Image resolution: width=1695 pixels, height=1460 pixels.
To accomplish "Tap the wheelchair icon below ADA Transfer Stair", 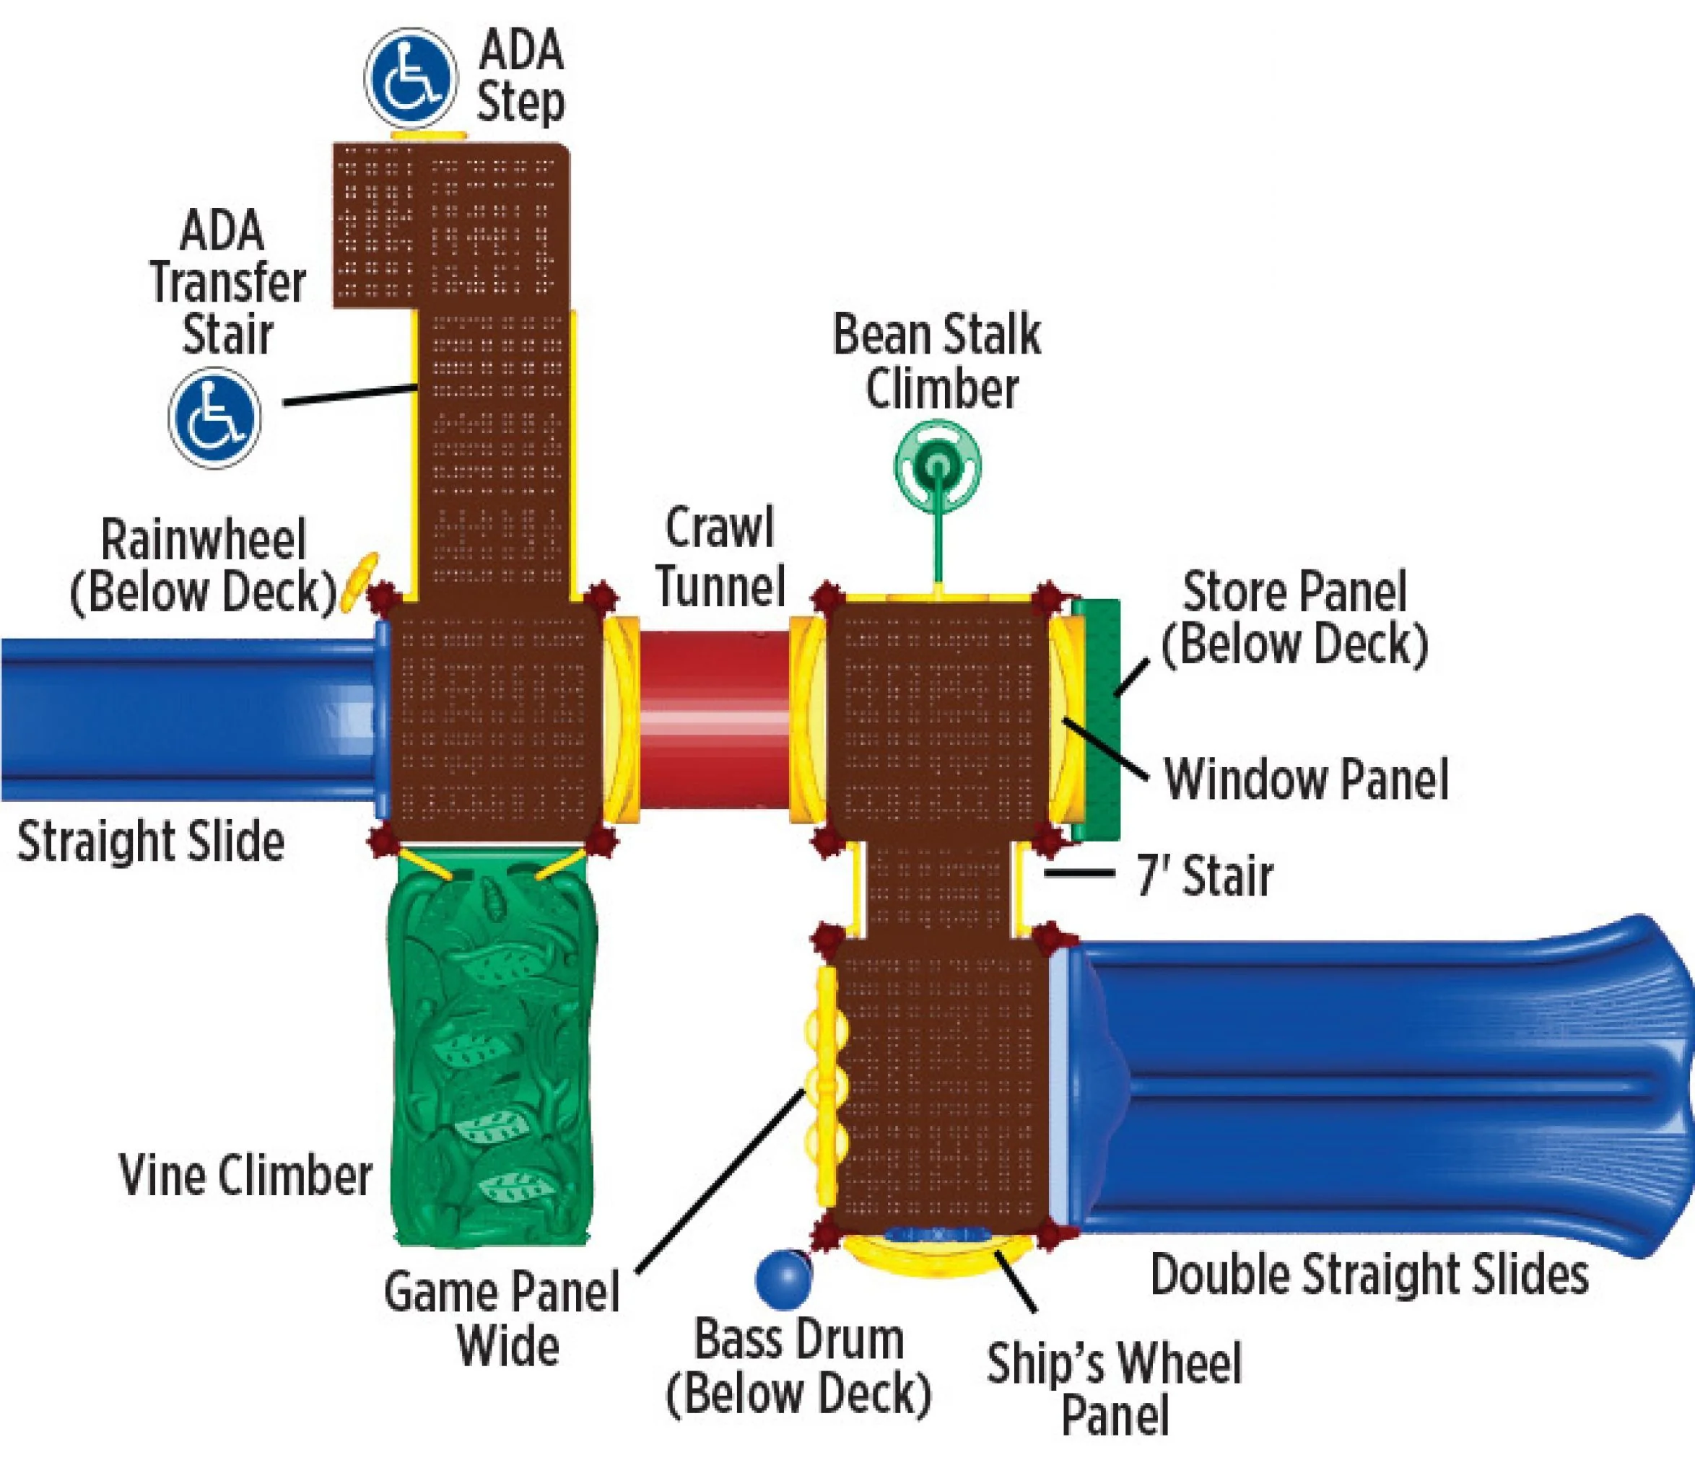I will coord(214,417).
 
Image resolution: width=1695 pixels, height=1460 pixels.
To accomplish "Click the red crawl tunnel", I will coord(713,718).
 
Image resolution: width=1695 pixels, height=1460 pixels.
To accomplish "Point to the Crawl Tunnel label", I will coord(720,557).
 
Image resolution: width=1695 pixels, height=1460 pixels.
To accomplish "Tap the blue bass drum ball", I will coord(783,1277).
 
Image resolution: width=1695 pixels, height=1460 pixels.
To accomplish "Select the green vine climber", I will coord(492,1055).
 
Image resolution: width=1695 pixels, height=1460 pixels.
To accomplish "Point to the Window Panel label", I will coord(1306,779).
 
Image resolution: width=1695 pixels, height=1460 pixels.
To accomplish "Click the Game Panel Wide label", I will coord(502,1319).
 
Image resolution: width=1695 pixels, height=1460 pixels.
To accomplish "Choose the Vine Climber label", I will coord(245,1176).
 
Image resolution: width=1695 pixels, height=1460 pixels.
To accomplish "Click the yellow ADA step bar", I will coord(429,134).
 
